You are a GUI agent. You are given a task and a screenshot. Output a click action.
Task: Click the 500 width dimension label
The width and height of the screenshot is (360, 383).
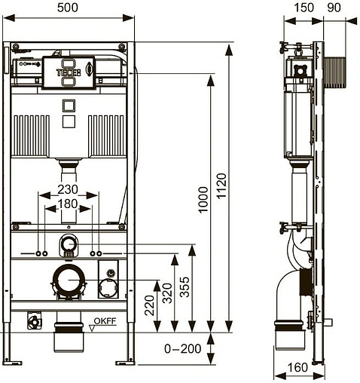coord(68,8)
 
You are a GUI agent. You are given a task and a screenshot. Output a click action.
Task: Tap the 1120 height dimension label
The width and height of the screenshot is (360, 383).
coord(221,186)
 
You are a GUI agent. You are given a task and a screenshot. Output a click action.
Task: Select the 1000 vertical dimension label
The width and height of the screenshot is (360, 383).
coord(203,200)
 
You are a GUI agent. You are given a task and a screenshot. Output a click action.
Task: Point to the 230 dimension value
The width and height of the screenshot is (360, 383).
coord(68,189)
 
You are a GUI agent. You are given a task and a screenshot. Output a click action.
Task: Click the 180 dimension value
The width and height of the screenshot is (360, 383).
coord(68,204)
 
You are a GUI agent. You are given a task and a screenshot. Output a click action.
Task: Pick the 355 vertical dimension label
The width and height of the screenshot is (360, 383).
coord(185,287)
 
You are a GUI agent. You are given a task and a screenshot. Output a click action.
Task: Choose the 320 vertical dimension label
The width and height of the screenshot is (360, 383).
coord(167,293)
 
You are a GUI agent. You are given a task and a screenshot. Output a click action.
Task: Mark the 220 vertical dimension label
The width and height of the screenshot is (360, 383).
coord(149,305)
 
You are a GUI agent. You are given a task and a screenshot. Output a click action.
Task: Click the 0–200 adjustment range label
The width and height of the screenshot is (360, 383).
coord(183,349)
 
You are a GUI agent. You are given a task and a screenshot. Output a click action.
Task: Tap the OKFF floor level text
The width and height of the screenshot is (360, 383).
coord(105,321)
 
